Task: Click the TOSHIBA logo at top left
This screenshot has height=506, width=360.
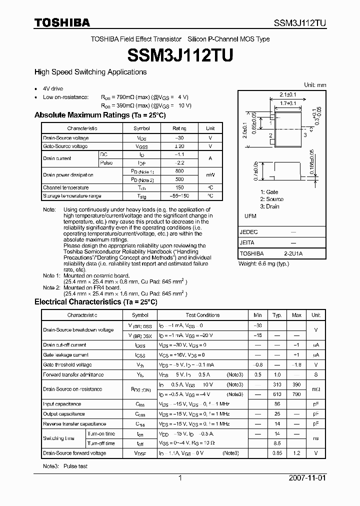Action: (62, 22)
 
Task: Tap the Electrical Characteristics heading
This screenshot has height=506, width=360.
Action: (96, 302)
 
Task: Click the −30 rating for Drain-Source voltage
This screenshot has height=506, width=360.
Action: (179, 137)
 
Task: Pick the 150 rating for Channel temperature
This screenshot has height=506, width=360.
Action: (179, 187)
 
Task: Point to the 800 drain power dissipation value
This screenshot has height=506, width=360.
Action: (179, 171)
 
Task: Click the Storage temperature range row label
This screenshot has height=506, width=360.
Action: (72, 196)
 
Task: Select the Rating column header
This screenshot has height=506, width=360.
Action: (179, 128)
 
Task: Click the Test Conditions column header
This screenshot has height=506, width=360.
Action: (202, 315)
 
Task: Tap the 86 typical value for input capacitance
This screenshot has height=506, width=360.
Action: (277, 404)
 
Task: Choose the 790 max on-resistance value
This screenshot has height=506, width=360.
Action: (296, 394)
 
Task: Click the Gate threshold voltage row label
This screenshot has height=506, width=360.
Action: (67, 365)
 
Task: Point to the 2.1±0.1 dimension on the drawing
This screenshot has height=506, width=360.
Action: (287, 94)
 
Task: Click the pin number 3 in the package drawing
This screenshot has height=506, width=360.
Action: (305, 135)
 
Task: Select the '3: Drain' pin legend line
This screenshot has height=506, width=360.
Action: (269, 206)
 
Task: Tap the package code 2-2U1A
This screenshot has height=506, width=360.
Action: (293, 254)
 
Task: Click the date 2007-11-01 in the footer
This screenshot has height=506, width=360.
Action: (307, 478)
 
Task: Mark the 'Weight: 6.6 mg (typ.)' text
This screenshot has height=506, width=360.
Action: (263, 263)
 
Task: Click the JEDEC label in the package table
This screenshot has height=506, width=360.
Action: (249, 232)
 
